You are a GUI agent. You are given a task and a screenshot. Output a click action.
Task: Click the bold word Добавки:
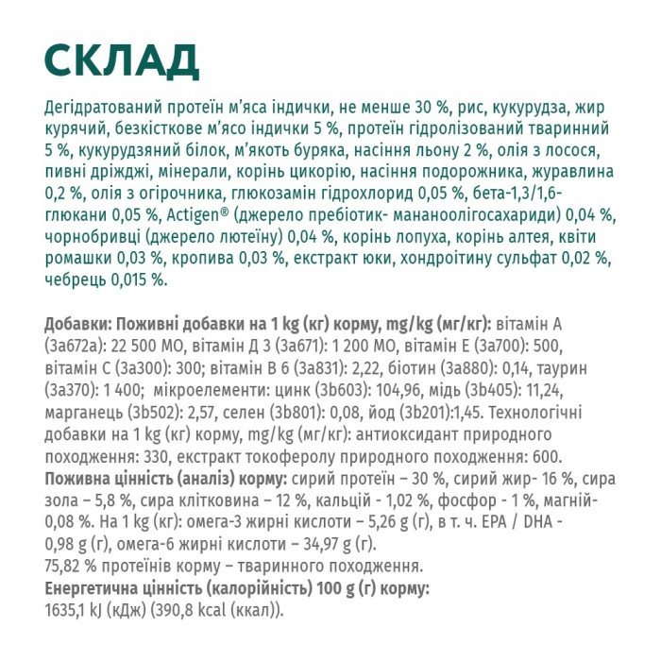tap(76, 324)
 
